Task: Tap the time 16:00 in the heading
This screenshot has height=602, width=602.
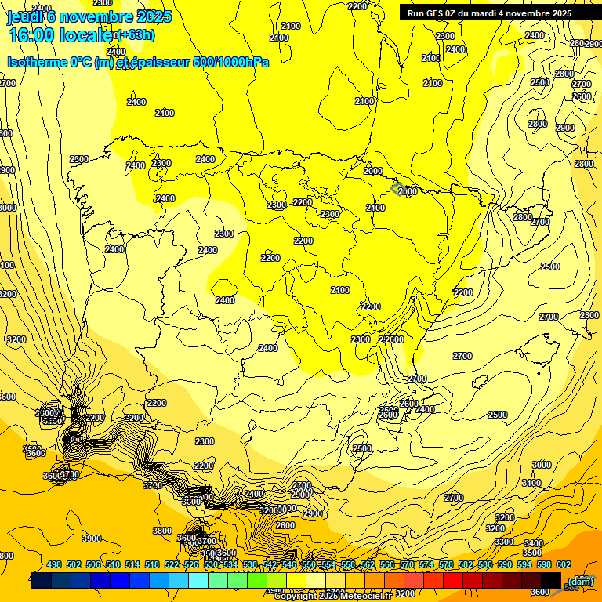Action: point(31,35)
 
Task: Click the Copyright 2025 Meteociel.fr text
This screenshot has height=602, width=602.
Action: point(332,596)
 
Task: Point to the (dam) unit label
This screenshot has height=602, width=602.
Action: point(580,581)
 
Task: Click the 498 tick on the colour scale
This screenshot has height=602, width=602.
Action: point(54,564)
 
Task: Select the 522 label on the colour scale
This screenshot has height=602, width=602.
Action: point(172,564)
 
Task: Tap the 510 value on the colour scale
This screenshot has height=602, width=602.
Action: point(113,564)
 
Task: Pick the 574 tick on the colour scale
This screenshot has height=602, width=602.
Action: point(426,564)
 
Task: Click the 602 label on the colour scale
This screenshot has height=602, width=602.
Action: point(564,564)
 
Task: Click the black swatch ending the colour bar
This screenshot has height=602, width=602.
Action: point(551,581)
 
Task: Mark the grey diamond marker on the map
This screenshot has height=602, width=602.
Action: point(398,189)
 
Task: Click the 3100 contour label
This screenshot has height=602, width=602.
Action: point(531,483)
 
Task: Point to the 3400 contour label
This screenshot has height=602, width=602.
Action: point(533,543)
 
